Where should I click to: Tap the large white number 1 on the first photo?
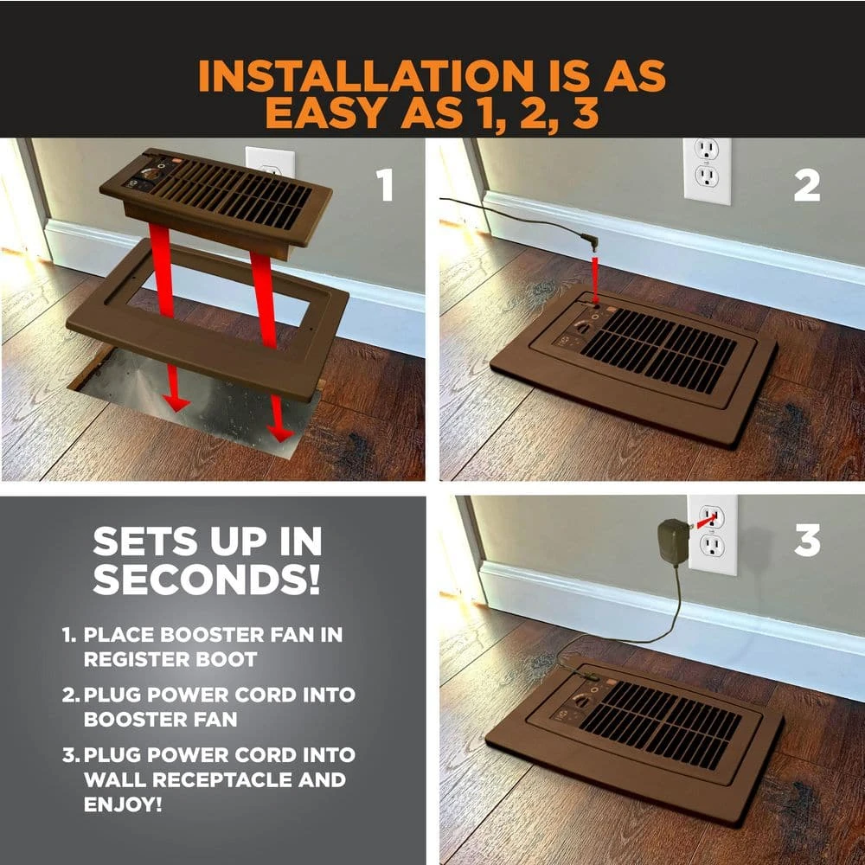385,185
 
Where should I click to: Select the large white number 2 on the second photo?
806,185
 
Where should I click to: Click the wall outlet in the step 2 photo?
708,170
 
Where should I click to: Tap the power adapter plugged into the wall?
674,543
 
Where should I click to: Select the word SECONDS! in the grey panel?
207,579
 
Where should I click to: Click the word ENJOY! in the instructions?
123,804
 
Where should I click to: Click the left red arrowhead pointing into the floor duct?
176,402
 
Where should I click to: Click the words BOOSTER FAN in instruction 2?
161,720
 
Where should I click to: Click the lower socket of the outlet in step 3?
712,546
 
